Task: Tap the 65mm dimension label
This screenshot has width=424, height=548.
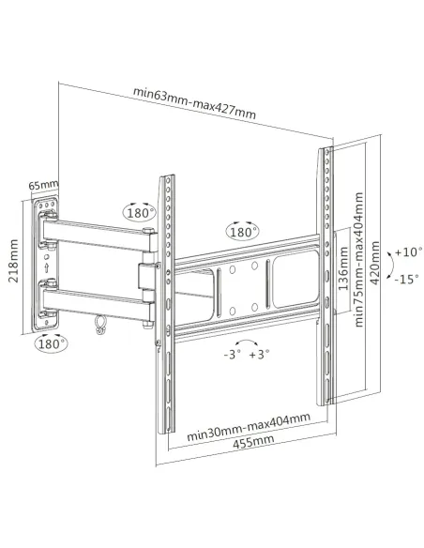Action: (x=43, y=185)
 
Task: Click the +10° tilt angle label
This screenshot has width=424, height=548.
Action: (x=407, y=252)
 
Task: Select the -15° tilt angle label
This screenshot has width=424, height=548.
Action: (x=407, y=280)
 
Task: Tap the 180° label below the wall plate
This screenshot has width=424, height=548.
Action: (x=53, y=344)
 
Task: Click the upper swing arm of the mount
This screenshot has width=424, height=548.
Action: (x=94, y=233)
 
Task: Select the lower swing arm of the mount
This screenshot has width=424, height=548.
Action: (x=94, y=300)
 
